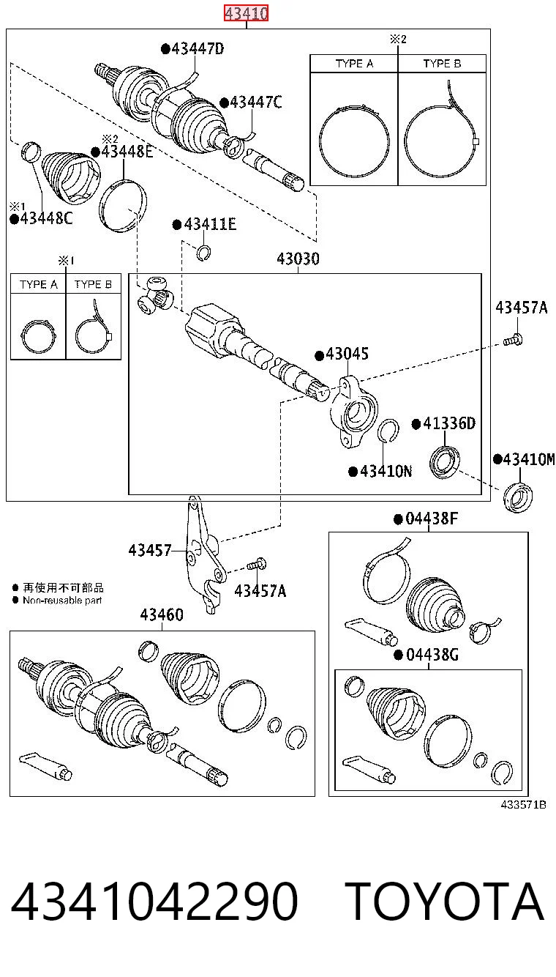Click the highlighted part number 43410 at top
tap(247, 13)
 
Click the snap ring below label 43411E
tap(203, 253)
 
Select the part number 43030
tap(298, 259)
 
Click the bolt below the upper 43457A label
tap(514, 340)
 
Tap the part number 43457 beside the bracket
tap(150, 551)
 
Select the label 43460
tap(162, 615)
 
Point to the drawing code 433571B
tap(523, 805)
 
